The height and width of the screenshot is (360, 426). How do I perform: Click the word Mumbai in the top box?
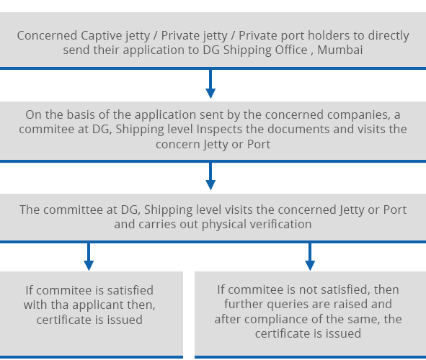pos(340,50)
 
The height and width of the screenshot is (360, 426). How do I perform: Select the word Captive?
pos(102,35)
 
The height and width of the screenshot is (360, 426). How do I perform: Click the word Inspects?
pos(219,130)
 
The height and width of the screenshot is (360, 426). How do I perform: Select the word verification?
pos(280,224)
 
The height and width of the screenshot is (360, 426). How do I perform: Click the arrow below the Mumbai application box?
pos(210,84)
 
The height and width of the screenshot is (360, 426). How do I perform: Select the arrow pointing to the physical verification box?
pos(210,176)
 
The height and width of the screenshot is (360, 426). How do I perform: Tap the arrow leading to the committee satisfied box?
pos(89,256)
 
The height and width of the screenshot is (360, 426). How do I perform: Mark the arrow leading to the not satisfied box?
pos(310,256)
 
